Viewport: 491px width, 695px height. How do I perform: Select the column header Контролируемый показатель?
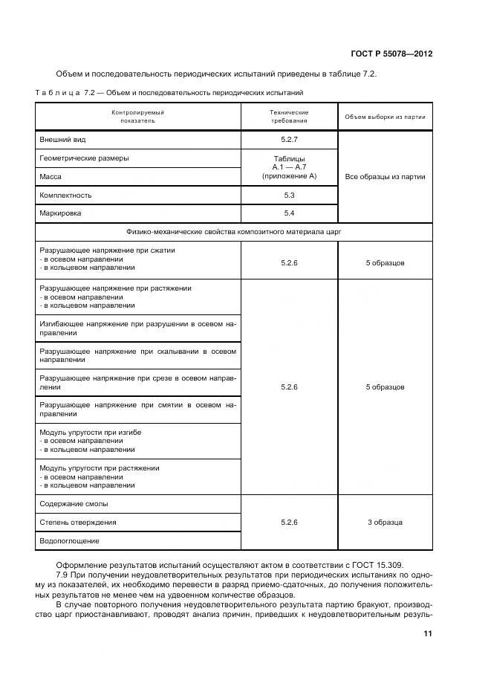point(137,116)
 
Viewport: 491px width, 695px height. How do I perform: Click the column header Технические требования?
point(289,116)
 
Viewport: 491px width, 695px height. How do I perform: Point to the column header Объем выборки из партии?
point(385,117)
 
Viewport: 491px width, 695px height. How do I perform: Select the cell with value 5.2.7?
point(289,140)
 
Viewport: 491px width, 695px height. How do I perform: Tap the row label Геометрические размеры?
point(84,158)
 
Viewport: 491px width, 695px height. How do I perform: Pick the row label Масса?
point(51,177)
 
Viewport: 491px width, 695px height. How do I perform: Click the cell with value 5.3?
point(289,195)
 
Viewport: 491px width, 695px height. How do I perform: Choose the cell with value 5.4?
point(289,213)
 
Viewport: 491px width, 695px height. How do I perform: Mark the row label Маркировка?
point(60,213)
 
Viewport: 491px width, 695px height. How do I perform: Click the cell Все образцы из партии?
point(385,177)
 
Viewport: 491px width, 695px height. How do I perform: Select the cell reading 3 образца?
point(385,523)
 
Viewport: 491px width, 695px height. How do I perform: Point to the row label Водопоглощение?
point(69,541)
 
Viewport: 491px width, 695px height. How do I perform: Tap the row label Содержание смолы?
point(74,504)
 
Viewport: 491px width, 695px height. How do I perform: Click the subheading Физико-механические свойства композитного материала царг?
point(234,232)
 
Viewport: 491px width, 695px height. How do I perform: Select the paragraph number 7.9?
point(62,576)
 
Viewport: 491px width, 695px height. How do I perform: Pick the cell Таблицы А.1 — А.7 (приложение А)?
point(289,167)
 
